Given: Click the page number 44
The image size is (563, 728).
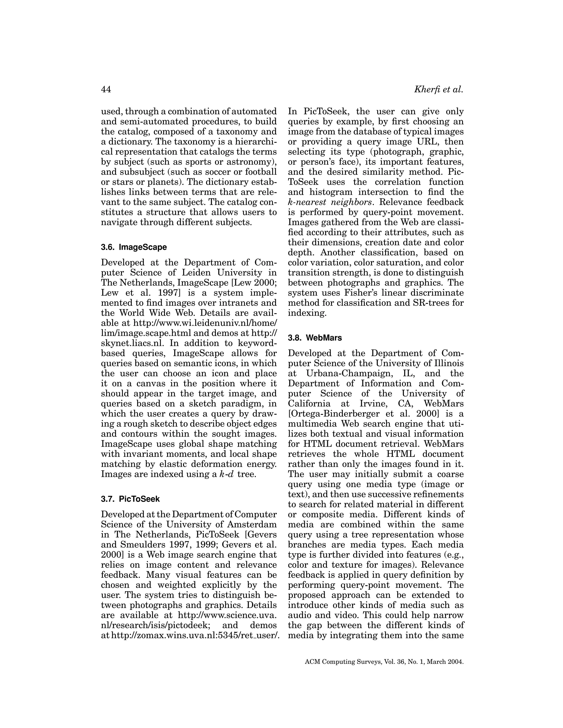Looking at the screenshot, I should [x=106, y=89].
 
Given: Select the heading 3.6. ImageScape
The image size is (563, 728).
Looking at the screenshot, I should [x=134, y=247].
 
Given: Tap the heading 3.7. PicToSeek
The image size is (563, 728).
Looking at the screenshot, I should [x=130, y=499].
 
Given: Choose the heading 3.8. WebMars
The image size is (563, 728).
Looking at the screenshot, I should [x=315, y=338].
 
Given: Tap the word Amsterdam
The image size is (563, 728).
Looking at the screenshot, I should [x=253, y=525].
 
